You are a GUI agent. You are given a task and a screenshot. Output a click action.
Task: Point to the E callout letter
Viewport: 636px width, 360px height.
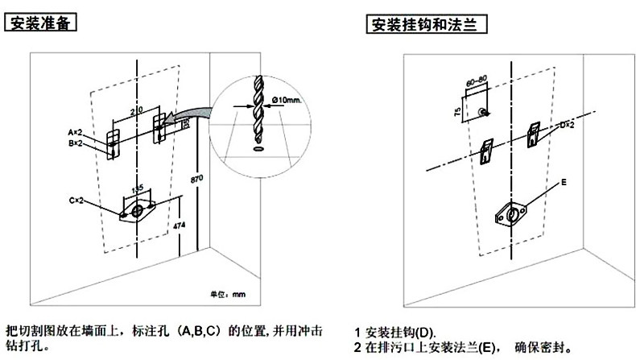click(x=564, y=184)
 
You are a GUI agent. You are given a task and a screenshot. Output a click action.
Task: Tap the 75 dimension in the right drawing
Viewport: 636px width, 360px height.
click(x=456, y=113)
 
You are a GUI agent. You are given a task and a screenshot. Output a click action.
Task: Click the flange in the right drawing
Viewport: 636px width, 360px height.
click(x=511, y=216)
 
